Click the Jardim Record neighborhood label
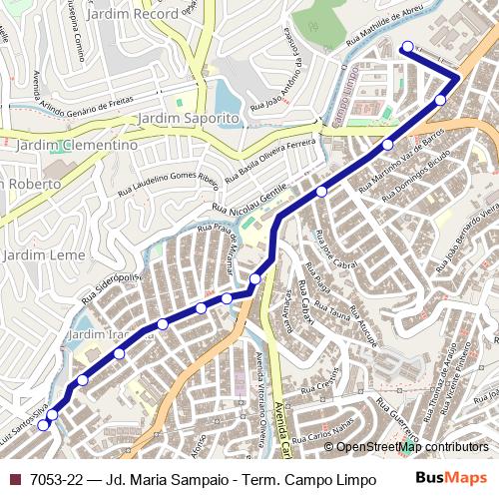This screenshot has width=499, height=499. point(132,15)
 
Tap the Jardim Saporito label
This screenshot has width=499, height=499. point(189,118)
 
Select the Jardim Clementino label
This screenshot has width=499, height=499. point(77,145)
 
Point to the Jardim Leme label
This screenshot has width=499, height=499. point(44,254)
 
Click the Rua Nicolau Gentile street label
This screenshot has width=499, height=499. point(250,200)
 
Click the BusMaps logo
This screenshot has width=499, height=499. point(451,478)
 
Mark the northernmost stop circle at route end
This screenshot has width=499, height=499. point(406,47)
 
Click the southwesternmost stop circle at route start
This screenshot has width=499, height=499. point(43,424)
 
